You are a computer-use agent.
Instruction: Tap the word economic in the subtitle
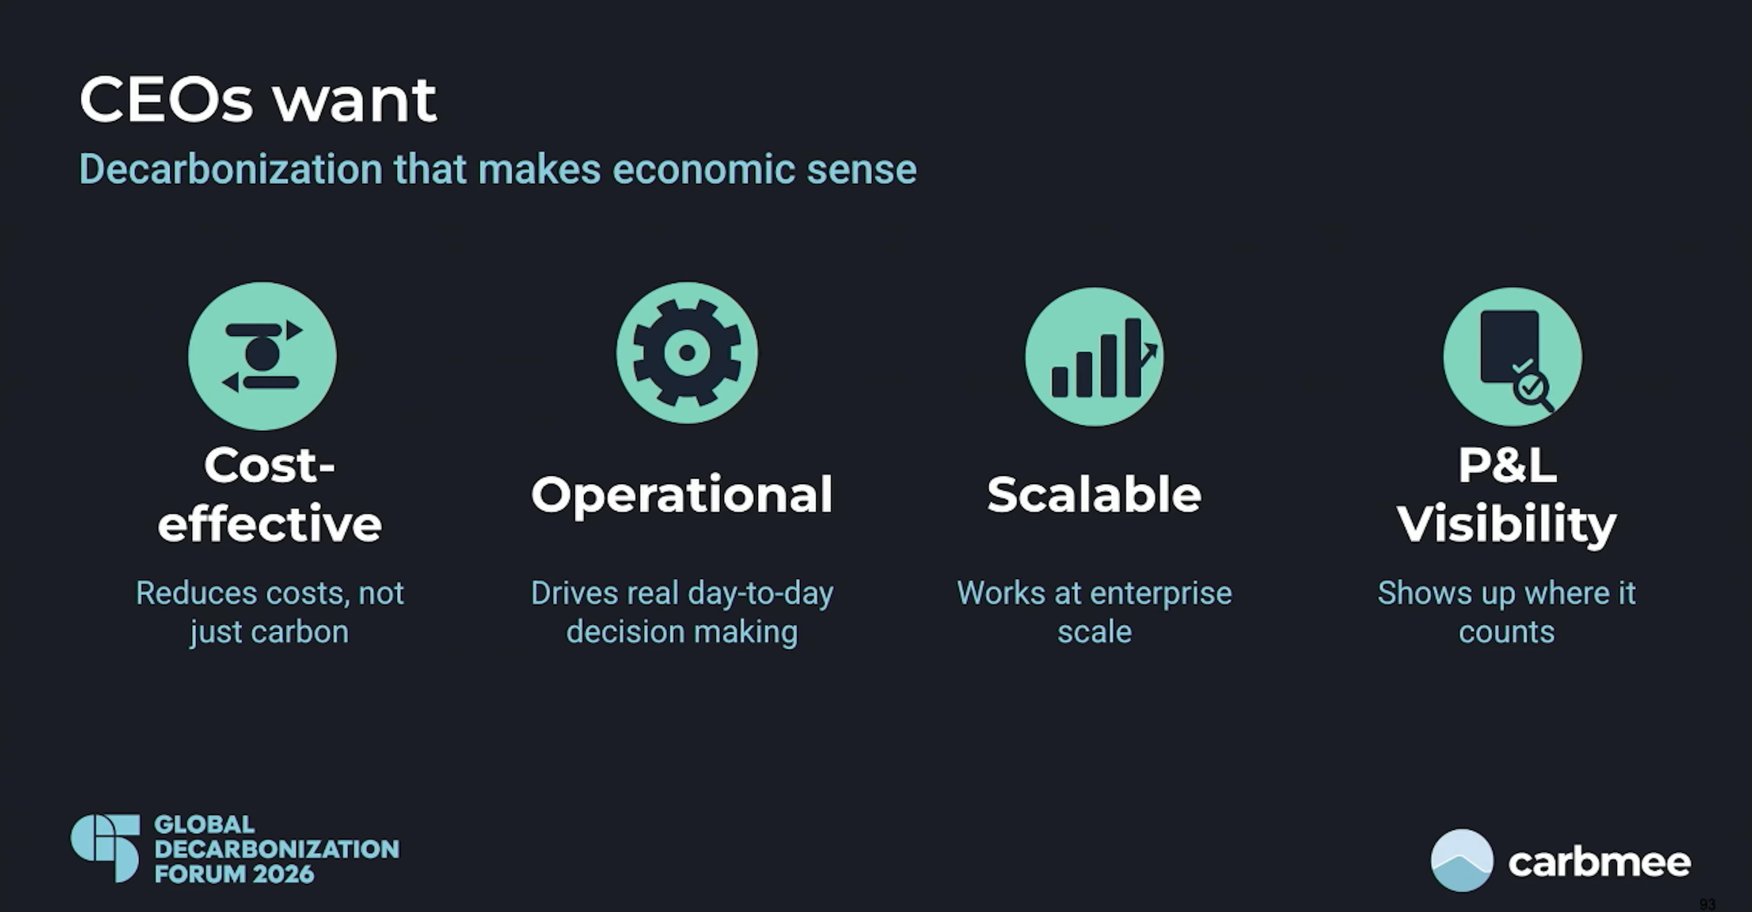pyautogui.click(x=704, y=169)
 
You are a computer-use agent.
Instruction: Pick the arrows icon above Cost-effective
pyautogui.click(x=262, y=356)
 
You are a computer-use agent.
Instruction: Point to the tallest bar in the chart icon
pyautogui.click(x=1133, y=358)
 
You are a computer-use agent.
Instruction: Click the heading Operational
pyautogui.click(x=682, y=495)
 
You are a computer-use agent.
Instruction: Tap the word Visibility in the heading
pyautogui.click(x=1507, y=524)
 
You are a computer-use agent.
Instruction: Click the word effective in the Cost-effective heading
pyautogui.click(x=269, y=524)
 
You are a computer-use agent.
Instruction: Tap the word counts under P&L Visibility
pyautogui.click(x=1507, y=632)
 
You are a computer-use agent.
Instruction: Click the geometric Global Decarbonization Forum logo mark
pyautogui.click(x=105, y=848)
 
